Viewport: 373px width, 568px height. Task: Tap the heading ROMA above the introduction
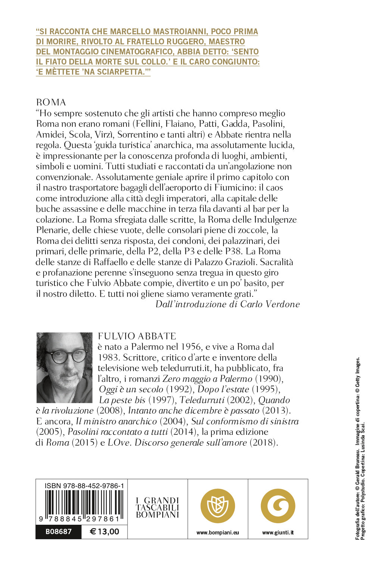point(51,102)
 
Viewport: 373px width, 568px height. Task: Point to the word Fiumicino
point(262,188)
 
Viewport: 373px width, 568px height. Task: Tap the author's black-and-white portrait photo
point(64,367)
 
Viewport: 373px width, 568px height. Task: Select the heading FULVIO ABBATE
point(137,336)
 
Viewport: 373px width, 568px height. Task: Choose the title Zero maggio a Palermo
point(207,379)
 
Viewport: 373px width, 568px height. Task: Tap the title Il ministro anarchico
point(116,421)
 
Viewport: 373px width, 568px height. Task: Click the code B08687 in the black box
point(59,531)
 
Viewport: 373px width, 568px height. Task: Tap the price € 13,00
point(104,531)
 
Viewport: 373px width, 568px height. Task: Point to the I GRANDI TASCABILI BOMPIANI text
point(157,508)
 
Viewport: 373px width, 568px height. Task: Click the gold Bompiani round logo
point(218,506)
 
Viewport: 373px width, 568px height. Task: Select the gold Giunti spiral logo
point(278,506)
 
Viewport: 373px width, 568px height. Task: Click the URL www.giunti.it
point(278,533)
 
